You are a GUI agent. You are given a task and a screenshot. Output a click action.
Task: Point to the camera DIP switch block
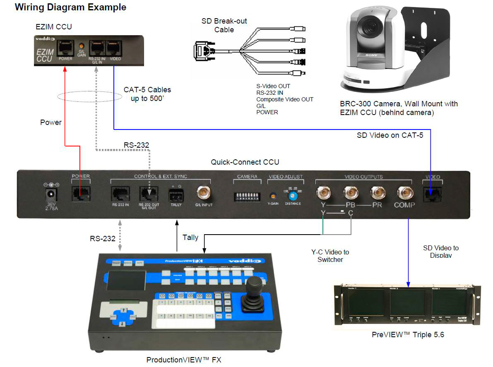point(248,195)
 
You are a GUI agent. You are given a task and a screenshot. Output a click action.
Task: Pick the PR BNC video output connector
point(377,193)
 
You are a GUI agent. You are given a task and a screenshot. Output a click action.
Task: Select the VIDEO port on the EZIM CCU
point(114,48)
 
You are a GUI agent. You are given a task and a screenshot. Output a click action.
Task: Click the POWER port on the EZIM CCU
point(65,48)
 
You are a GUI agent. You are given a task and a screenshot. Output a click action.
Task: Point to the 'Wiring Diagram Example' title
point(70,7)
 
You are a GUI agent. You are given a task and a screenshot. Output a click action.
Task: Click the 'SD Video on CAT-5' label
point(390,135)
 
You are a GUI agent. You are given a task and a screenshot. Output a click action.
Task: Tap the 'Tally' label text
point(190,237)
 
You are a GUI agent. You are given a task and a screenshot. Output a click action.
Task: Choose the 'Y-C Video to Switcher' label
point(330,256)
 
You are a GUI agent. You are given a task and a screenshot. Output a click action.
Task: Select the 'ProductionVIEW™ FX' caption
point(184,360)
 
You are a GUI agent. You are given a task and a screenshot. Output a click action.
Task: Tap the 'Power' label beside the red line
point(51,122)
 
